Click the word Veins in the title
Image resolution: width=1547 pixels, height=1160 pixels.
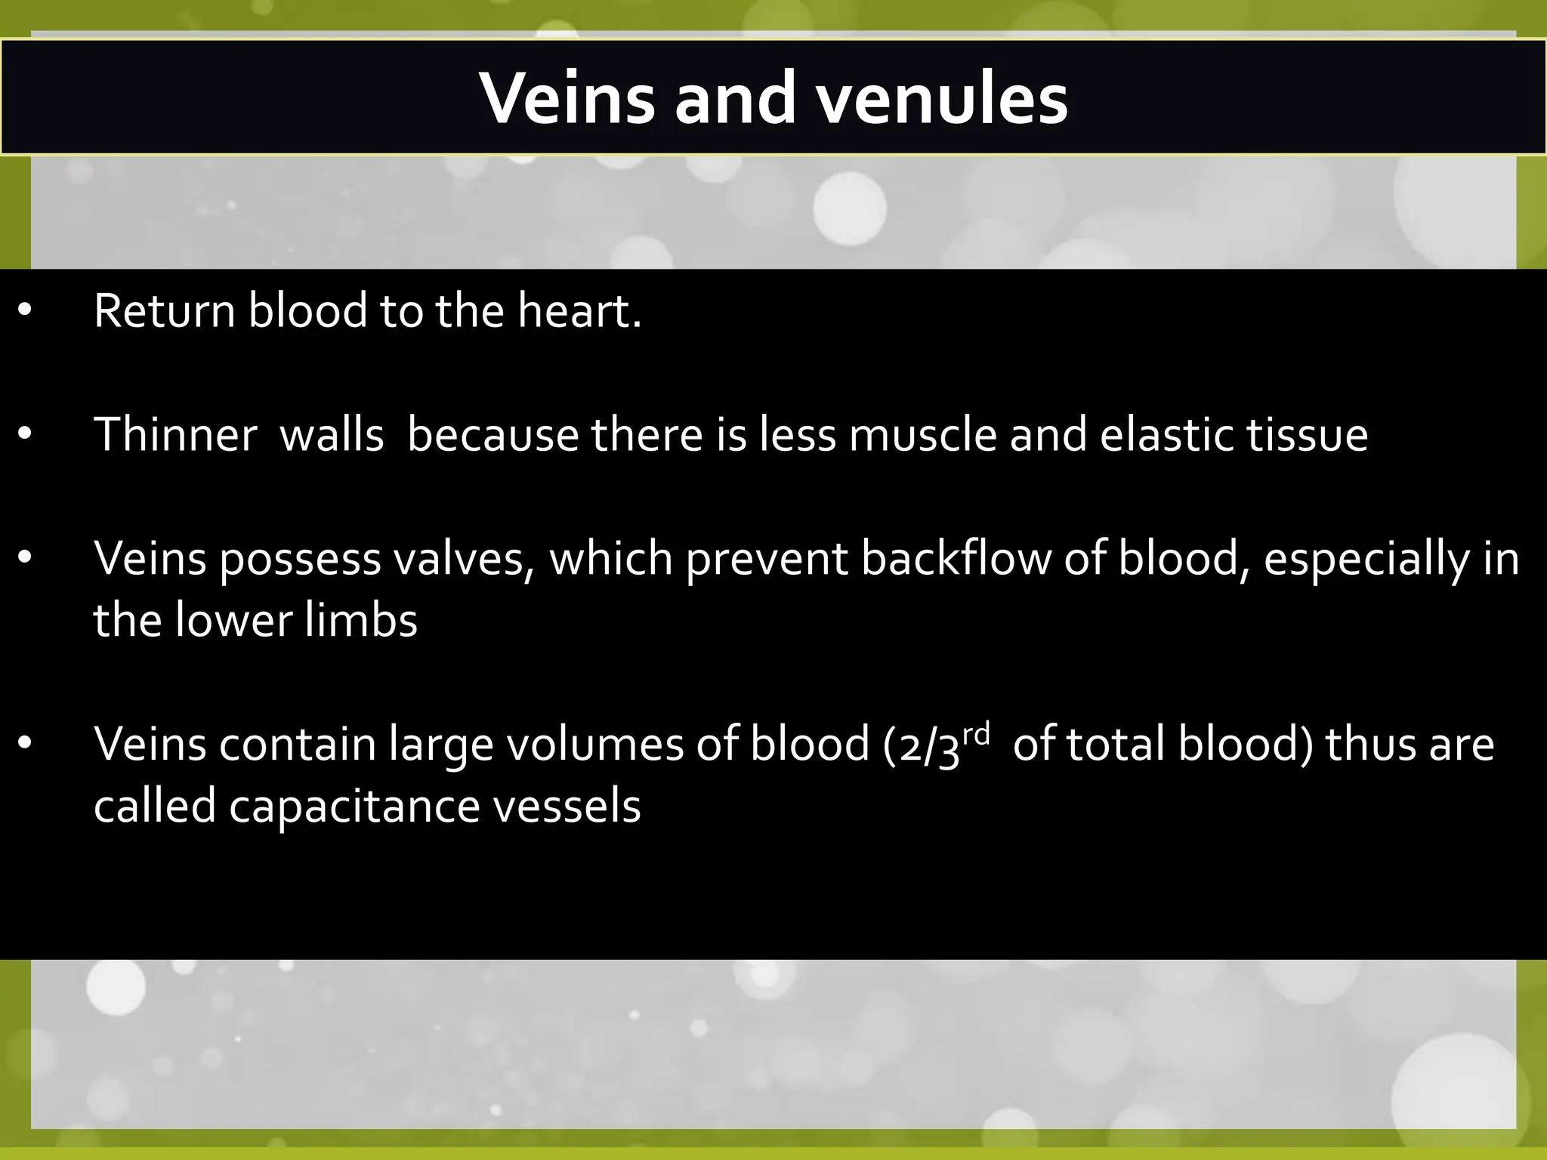(567, 99)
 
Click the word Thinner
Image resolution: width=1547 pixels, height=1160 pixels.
(175, 435)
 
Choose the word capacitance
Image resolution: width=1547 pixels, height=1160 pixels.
(354, 807)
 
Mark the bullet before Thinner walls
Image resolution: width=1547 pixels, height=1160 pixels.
(25, 435)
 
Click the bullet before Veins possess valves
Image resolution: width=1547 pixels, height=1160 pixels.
(25, 559)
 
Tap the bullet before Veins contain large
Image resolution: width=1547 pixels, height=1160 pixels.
(25, 745)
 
